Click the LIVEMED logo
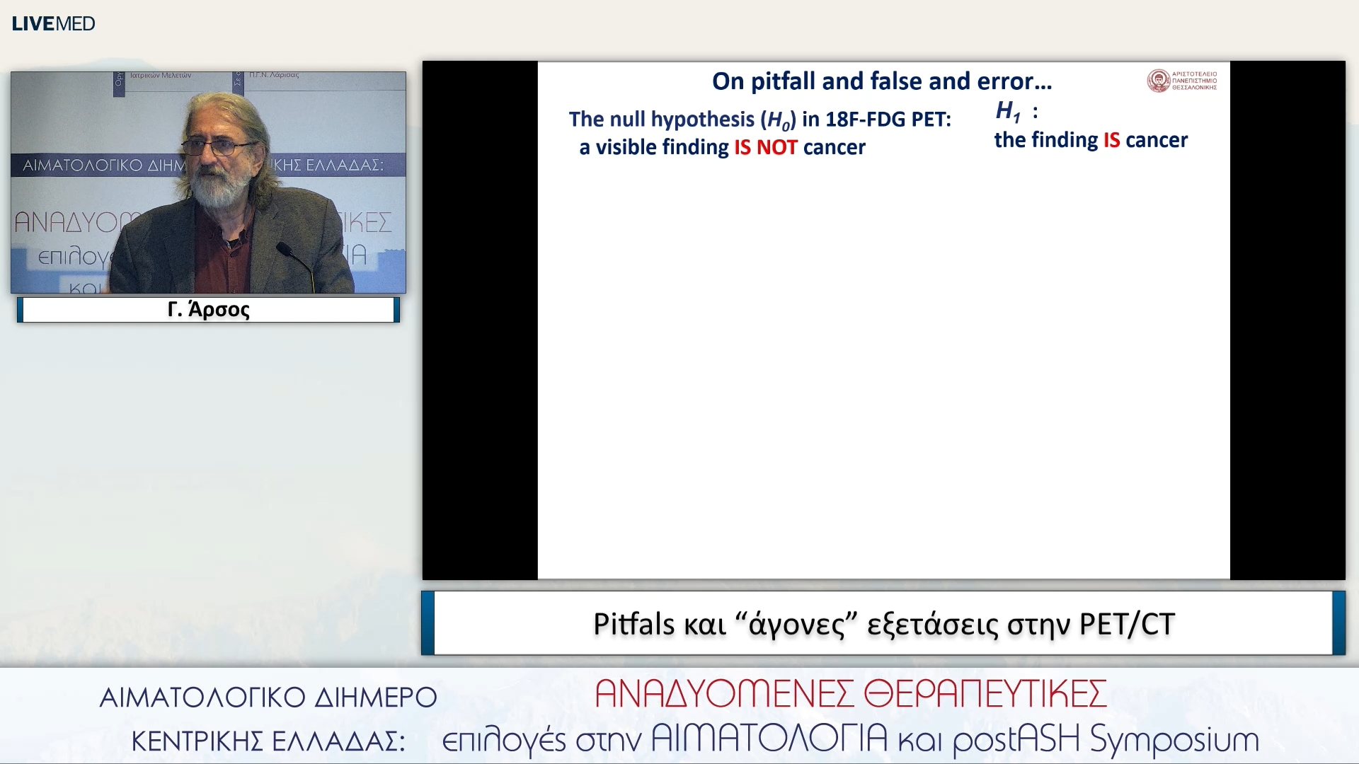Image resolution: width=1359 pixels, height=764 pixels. click(x=53, y=23)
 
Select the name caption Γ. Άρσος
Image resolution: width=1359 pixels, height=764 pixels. click(x=208, y=310)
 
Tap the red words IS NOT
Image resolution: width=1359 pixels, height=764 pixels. click(x=766, y=147)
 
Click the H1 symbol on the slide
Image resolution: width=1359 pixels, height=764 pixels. click(x=1008, y=111)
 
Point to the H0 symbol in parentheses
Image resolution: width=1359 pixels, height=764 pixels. click(x=779, y=120)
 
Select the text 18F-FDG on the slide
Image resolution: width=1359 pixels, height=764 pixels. click(x=865, y=119)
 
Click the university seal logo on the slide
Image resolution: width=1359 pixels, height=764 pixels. click(x=1158, y=81)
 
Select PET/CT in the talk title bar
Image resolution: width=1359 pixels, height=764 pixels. click(x=1127, y=624)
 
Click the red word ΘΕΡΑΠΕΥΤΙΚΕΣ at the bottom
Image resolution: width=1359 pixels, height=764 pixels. click(x=985, y=694)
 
